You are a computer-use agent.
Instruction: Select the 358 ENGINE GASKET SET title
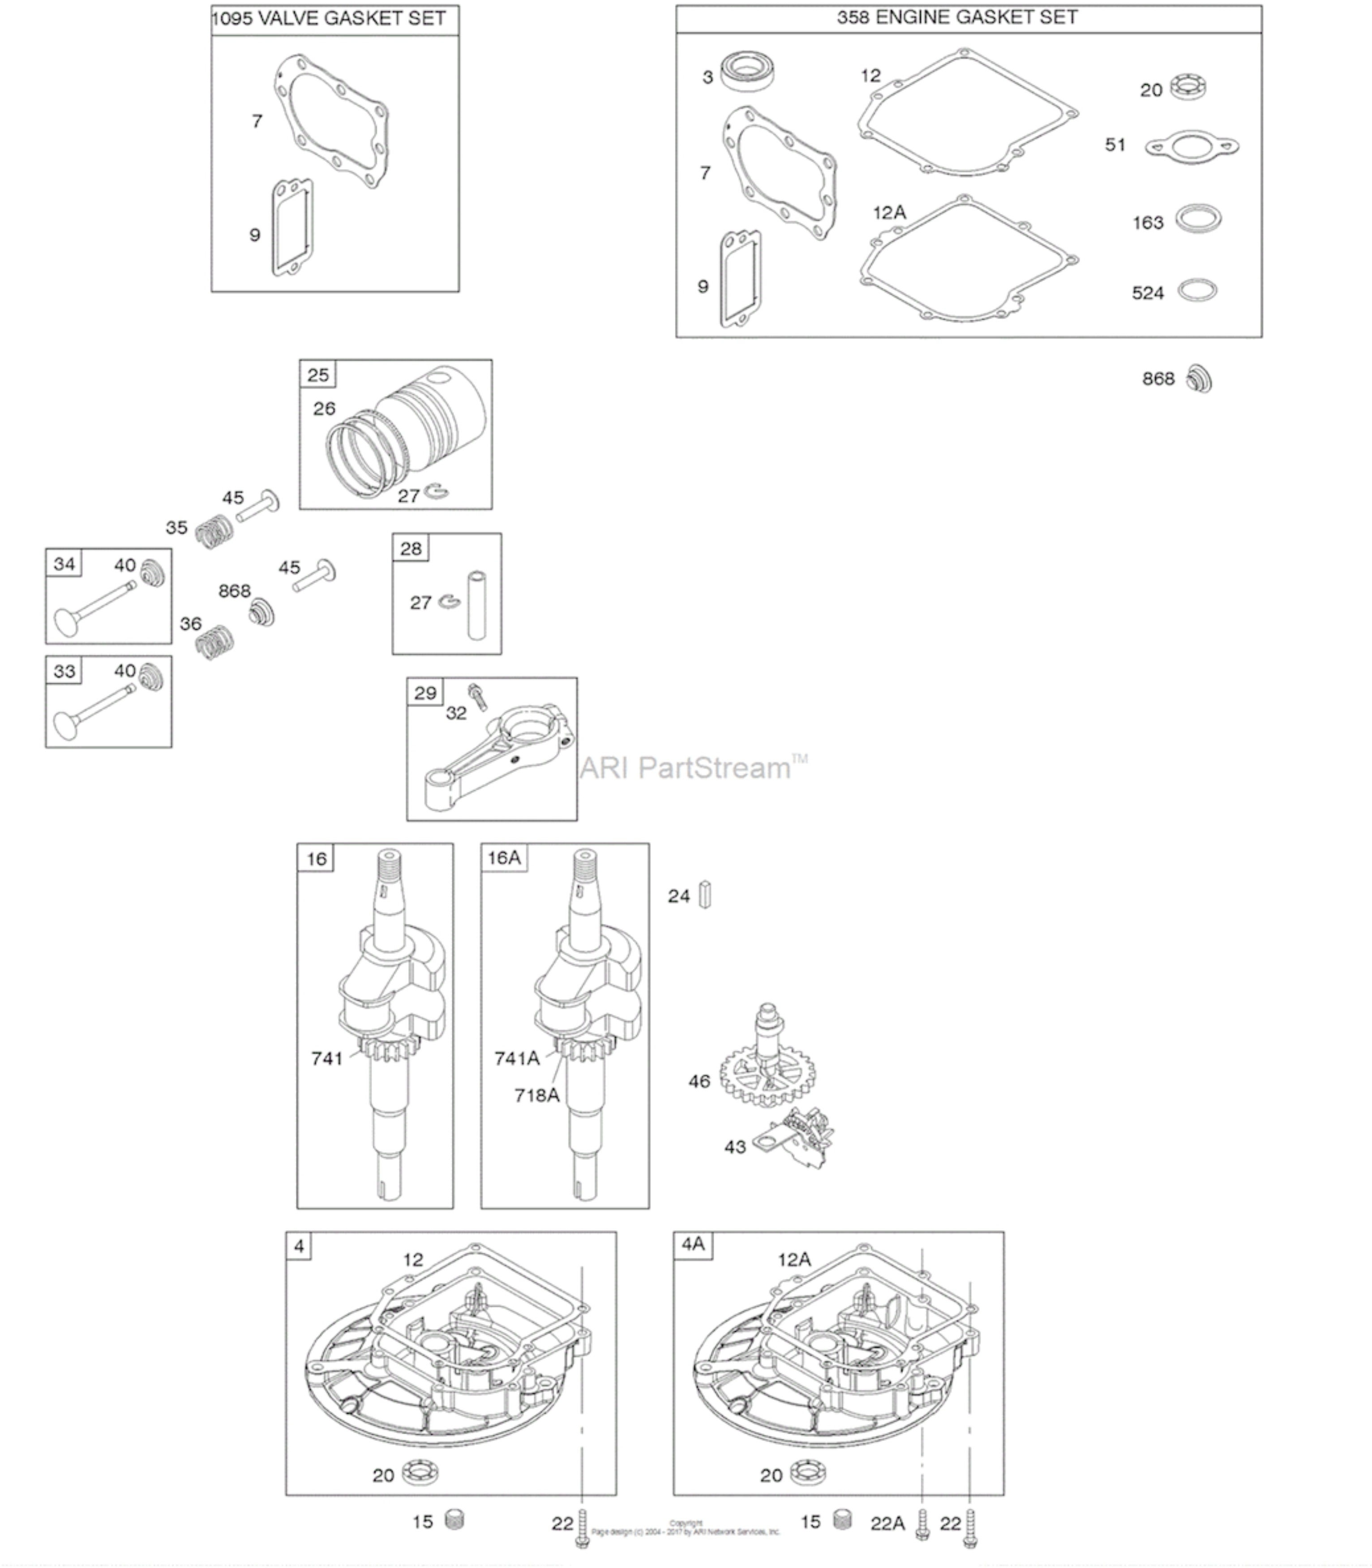tap(956, 17)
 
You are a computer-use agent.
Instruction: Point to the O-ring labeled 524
tap(1196, 291)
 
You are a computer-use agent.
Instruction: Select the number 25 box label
tap(318, 375)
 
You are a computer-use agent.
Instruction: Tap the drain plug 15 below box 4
tap(455, 1519)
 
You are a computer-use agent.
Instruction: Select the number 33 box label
tap(64, 671)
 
